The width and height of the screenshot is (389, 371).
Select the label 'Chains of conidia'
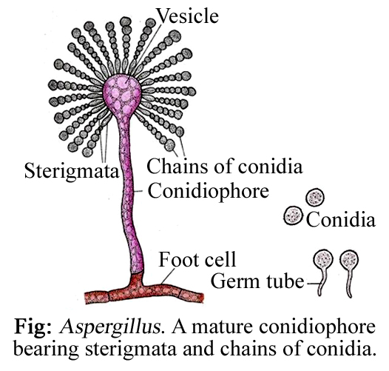click(x=224, y=164)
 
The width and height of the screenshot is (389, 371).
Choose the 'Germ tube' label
click(x=257, y=281)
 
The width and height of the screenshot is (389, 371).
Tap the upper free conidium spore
click(x=316, y=198)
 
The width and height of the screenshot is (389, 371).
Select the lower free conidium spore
click(x=294, y=216)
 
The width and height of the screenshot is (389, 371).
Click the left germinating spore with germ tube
click(x=322, y=262)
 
